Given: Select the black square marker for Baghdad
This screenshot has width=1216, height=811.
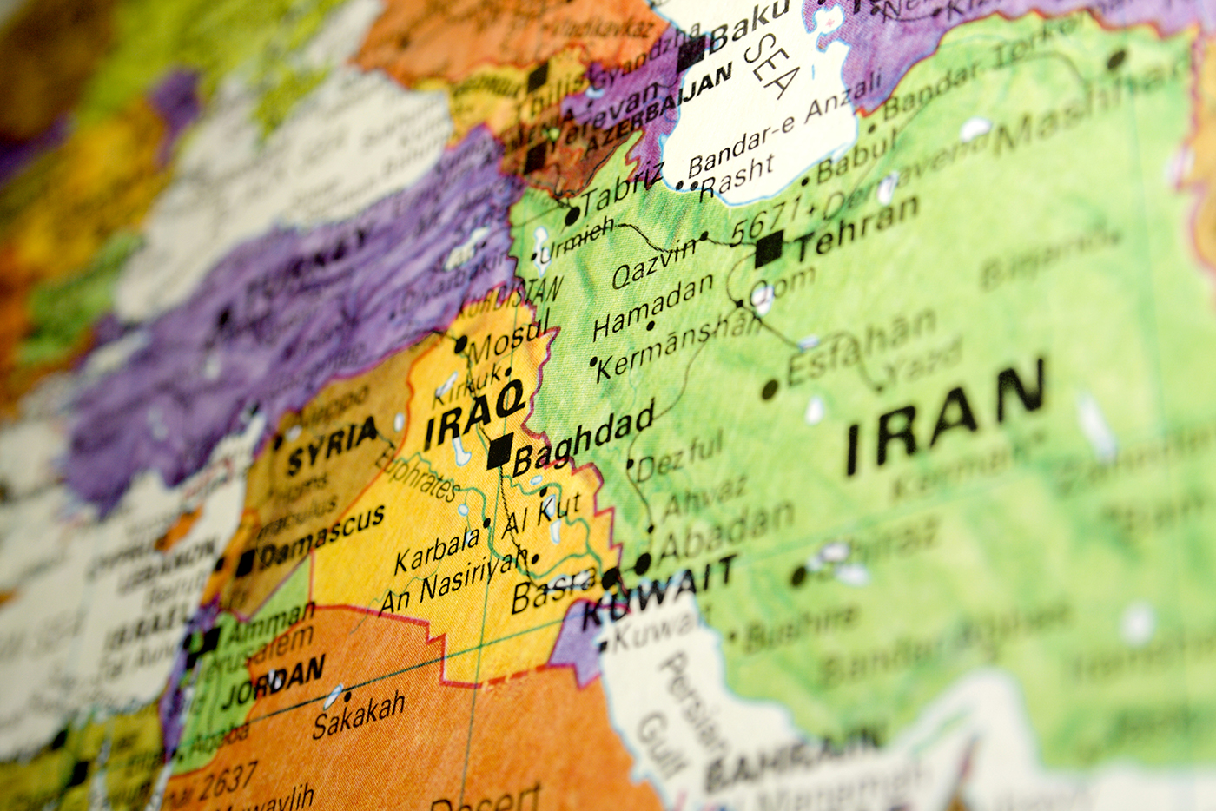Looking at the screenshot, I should point(499,452).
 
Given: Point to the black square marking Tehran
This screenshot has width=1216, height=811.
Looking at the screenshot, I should point(769,250).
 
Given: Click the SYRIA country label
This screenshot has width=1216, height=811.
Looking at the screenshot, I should point(332,445).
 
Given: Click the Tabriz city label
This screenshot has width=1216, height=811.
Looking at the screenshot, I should point(622,188).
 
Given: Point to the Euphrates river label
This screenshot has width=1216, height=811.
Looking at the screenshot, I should point(417,474).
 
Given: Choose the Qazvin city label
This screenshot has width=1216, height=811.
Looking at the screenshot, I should point(653,263).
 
